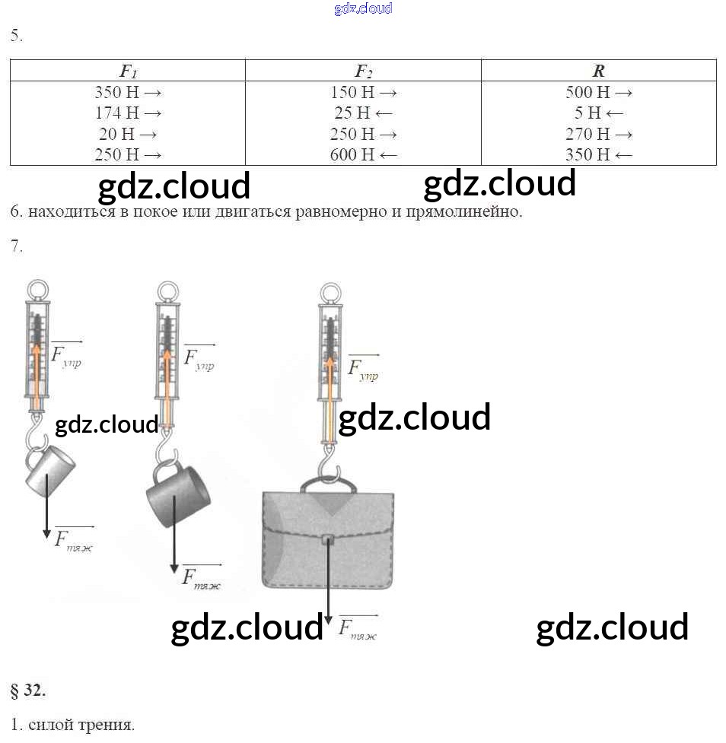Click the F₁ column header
pos(128,71)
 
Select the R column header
pos(599,71)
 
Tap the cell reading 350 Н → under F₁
pos(128,93)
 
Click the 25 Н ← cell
pos(363,113)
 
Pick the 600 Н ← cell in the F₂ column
pos(363,154)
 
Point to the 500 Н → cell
pos(599,93)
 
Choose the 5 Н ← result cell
pos(599,113)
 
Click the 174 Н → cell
pos(128,113)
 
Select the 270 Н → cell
pos(599,134)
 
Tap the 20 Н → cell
pos(128,134)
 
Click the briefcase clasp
pos(328,540)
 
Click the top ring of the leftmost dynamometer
pos(39,290)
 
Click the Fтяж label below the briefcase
pos(358,628)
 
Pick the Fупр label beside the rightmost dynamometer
pos(363,369)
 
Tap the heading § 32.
pos(28,691)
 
